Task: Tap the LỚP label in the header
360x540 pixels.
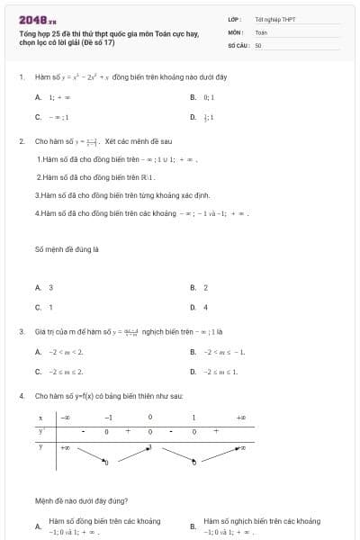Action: (x=233, y=19)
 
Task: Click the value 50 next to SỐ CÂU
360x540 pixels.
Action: (x=258, y=43)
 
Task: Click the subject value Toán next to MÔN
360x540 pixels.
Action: (x=261, y=31)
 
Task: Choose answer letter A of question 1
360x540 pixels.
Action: (x=38, y=96)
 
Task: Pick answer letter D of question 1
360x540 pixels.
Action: (x=193, y=117)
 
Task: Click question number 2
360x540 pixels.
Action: (x=22, y=141)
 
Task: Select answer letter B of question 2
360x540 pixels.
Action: (x=193, y=287)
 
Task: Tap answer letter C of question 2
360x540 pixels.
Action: (x=38, y=307)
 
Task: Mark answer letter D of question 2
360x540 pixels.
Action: (x=193, y=307)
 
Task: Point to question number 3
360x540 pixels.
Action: (x=22, y=331)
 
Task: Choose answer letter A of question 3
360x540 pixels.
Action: (x=38, y=351)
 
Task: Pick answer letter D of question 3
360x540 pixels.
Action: (x=193, y=371)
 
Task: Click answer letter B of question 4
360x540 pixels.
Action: (x=193, y=526)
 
